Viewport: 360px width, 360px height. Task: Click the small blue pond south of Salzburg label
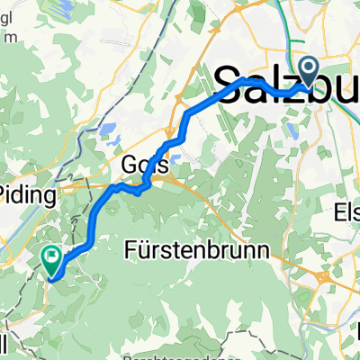[293, 129]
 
